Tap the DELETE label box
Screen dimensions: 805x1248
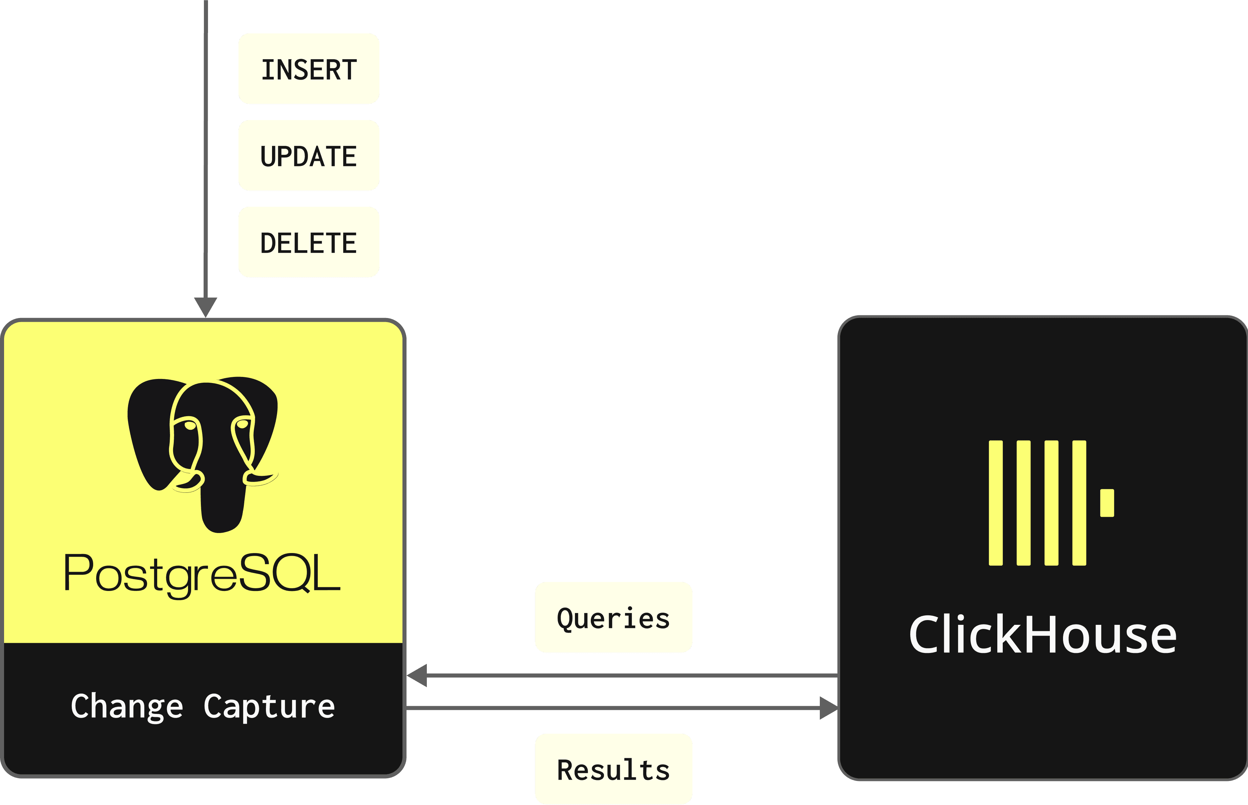pos(309,242)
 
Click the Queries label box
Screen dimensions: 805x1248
pos(613,617)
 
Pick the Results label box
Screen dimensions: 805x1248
pos(613,769)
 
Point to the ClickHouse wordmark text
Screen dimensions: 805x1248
pos(1042,635)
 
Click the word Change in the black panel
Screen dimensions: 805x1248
pos(127,707)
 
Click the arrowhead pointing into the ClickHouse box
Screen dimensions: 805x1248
pos(828,708)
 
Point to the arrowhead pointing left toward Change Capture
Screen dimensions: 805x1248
pos(418,675)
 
